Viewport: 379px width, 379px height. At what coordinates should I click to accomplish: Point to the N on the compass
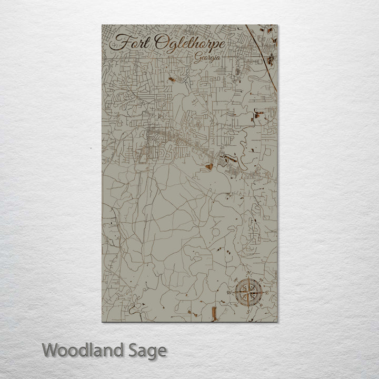click(x=248, y=274)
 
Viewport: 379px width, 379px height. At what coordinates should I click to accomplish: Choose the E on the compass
click(x=267, y=293)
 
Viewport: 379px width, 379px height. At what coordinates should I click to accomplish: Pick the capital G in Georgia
click(x=196, y=58)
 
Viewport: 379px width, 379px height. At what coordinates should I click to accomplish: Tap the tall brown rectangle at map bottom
click(x=213, y=314)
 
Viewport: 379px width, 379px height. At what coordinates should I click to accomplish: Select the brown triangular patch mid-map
click(x=208, y=167)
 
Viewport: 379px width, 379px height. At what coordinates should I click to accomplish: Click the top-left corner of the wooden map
click(x=102, y=25)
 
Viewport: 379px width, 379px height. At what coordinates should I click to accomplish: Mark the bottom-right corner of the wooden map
click(x=277, y=321)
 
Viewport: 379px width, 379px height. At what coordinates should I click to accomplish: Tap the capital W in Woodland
click(x=51, y=350)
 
